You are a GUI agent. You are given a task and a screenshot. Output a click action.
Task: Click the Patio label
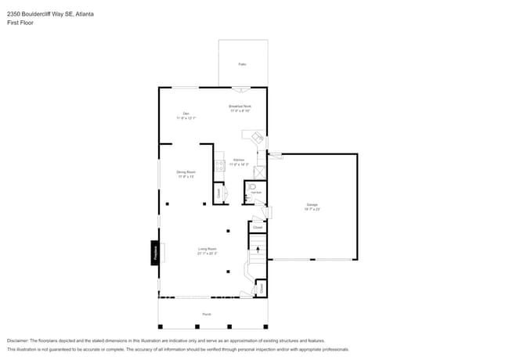coord(242,64)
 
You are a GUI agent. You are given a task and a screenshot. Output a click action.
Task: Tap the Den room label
coord(186,113)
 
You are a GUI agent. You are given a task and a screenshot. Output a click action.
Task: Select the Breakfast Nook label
coord(240,106)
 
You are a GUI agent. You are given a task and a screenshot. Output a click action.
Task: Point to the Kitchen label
coord(239,160)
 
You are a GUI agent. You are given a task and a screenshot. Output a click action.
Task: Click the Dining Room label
coord(186,171)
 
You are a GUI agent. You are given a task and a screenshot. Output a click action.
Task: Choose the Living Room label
coord(207,249)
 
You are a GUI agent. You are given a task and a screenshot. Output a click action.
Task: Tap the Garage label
coord(312,205)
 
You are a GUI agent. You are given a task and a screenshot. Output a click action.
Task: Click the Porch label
coord(207,315)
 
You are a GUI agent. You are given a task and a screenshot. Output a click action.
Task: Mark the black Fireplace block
coord(155,251)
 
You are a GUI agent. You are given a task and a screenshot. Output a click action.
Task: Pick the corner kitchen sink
coord(256,137)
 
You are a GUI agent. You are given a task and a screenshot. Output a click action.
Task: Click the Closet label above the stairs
coord(257,228)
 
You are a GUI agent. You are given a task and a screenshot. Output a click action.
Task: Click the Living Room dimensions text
coord(207,254)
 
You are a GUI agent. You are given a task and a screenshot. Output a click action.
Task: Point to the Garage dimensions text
coord(312,209)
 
